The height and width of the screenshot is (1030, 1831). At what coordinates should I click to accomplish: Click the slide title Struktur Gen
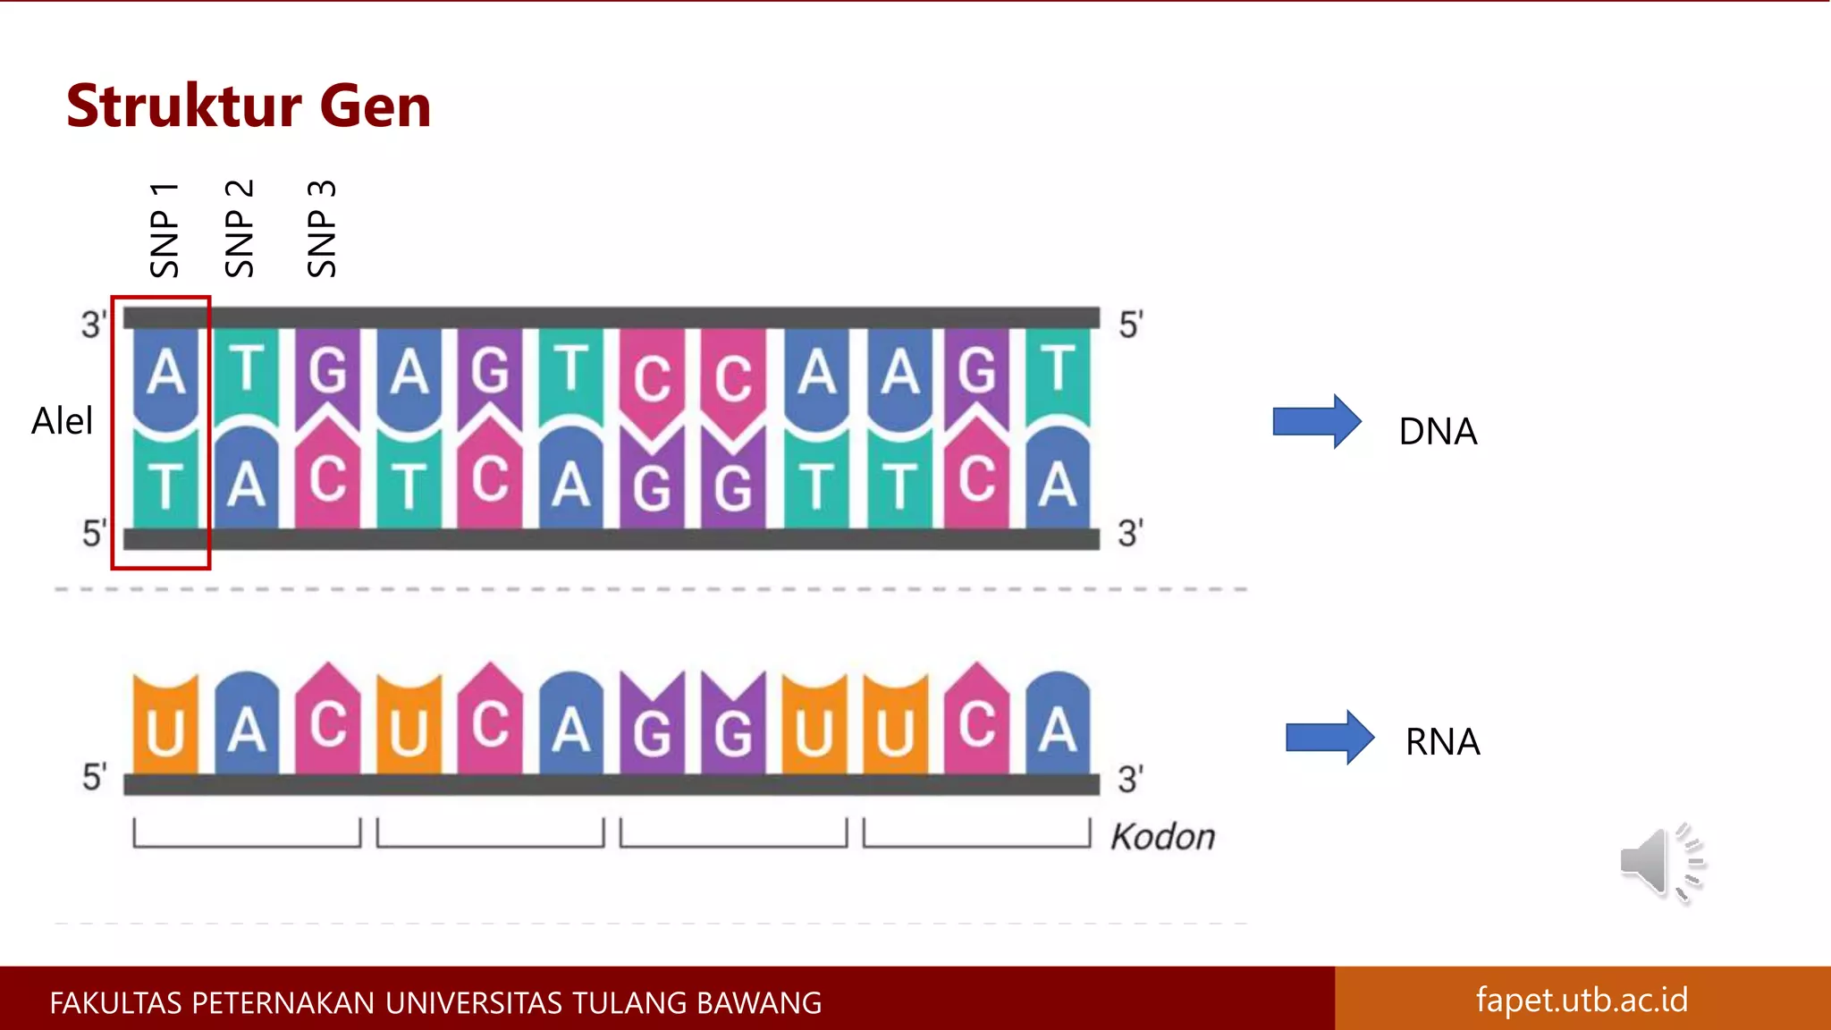point(249,106)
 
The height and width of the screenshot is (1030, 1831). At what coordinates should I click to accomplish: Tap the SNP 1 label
point(165,230)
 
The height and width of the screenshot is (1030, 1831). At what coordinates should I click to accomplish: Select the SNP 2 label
point(240,229)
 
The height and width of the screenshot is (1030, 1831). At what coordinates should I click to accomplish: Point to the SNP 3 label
point(322,229)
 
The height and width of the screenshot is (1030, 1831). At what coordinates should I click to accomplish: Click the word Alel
point(62,421)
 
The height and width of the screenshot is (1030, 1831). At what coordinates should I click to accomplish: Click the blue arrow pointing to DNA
point(1316,421)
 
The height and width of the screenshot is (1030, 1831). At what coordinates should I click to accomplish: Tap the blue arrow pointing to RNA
point(1329,738)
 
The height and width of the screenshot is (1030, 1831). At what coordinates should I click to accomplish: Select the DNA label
point(1438,432)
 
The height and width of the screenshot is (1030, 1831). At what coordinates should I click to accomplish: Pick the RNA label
point(1442,742)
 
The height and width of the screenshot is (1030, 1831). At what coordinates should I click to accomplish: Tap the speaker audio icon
point(1660,863)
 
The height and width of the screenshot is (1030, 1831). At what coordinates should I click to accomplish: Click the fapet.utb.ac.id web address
point(1582,1000)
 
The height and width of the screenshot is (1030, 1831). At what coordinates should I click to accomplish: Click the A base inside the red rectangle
point(165,374)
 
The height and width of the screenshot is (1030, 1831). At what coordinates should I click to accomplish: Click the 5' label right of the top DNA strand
point(1131,325)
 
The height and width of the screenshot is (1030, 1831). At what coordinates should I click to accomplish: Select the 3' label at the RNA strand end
point(1130,780)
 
